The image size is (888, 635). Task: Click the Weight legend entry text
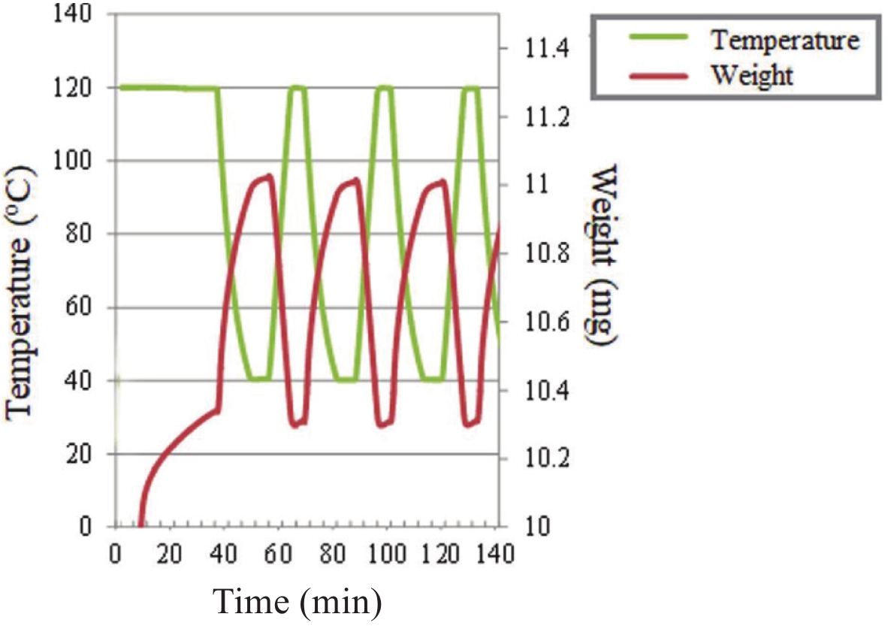point(753,75)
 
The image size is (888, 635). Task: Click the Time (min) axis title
point(298,601)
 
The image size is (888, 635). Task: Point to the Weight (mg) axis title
point(604,256)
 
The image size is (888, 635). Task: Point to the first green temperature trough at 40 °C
point(258,378)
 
